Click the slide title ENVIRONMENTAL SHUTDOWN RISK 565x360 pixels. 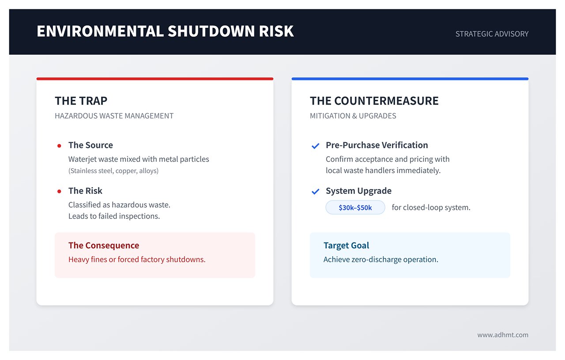[165, 31]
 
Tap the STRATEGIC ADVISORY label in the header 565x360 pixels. [492, 34]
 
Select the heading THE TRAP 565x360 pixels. [81, 101]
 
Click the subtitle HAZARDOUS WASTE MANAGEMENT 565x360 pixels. [114, 116]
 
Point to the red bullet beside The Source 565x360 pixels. [59, 146]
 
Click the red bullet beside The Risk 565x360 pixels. [59, 191]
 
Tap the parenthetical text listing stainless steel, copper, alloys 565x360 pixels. [113, 171]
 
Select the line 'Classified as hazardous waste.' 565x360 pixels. [119, 205]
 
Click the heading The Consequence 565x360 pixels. [103, 246]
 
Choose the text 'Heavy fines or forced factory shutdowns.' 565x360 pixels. [137, 260]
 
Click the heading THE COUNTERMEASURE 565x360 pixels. [374, 101]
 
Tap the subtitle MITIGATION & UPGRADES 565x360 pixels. [353, 116]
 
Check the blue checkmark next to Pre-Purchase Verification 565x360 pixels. [316, 146]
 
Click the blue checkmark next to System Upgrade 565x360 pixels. [316, 191]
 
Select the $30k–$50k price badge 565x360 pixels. [355, 208]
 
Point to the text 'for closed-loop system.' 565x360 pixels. [431, 208]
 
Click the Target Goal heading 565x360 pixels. [346, 246]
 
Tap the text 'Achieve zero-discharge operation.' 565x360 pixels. [380, 260]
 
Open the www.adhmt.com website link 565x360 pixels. [502, 335]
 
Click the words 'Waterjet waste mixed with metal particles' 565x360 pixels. [139, 159]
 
